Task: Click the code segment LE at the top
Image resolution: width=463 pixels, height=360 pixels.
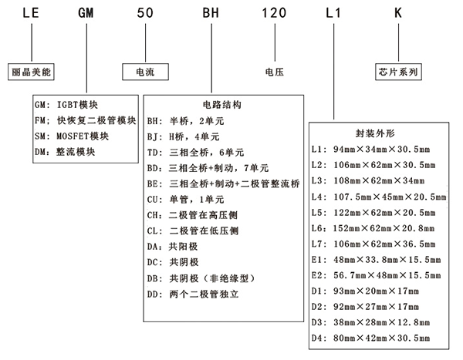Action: tap(31, 13)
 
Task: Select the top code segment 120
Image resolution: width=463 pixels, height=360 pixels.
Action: tap(274, 13)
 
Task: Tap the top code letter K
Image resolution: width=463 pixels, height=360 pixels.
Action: tap(398, 13)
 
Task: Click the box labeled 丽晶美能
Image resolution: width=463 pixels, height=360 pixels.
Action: tap(31, 72)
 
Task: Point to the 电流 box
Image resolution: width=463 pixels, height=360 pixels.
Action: tap(145, 72)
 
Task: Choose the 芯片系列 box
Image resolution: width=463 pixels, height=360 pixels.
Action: tap(398, 72)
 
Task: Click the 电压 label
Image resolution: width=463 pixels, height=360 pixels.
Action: tap(274, 72)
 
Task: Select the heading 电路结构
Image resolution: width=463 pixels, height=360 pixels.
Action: tap(222, 105)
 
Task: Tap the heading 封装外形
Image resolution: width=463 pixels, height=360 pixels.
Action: tap(375, 133)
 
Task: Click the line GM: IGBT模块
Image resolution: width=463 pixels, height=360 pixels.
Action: tap(66, 105)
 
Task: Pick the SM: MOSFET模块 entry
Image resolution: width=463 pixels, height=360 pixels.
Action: tap(72, 136)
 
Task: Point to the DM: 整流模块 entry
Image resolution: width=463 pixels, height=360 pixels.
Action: tap(65, 152)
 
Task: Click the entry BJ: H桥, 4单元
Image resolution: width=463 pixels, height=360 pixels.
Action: tap(184, 136)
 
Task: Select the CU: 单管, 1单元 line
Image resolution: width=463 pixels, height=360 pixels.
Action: tap(185, 200)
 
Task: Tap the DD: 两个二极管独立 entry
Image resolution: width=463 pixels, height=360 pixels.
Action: tap(193, 294)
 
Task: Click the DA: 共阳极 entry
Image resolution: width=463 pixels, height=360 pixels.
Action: tap(172, 247)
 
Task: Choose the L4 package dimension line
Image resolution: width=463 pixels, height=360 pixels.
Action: tap(379, 197)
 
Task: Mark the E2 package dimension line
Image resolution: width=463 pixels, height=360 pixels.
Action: tap(377, 275)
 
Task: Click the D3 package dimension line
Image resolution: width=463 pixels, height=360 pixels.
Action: tap(370, 322)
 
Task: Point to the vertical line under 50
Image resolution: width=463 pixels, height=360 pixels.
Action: tap(145, 43)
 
